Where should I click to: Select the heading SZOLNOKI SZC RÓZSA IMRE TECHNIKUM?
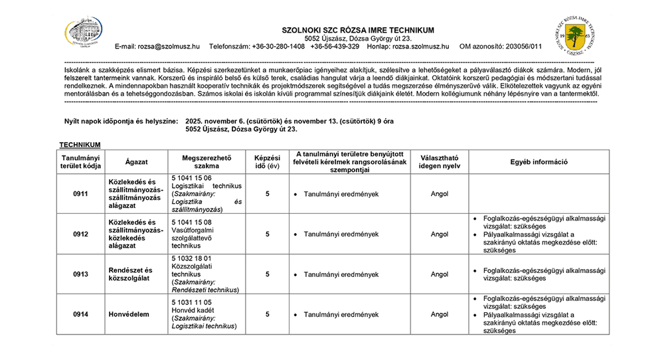(x=358, y=30)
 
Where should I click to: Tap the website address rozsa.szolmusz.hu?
(x=420, y=46)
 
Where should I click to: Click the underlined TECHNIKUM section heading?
(x=80, y=144)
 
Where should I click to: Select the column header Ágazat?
(x=136, y=162)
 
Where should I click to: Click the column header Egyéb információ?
(x=539, y=162)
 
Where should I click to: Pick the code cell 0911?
(x=80, y=194)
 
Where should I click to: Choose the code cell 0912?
(x=80, y=234)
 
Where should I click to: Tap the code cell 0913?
(x=80, y=274)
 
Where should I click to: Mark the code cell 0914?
(x=80, y=314)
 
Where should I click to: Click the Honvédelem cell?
(x=130, y=314)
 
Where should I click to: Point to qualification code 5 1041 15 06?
(x=191, y=178)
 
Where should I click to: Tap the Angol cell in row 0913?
(x=440, y=274)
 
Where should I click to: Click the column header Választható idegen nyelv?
(x=440, y=162)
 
